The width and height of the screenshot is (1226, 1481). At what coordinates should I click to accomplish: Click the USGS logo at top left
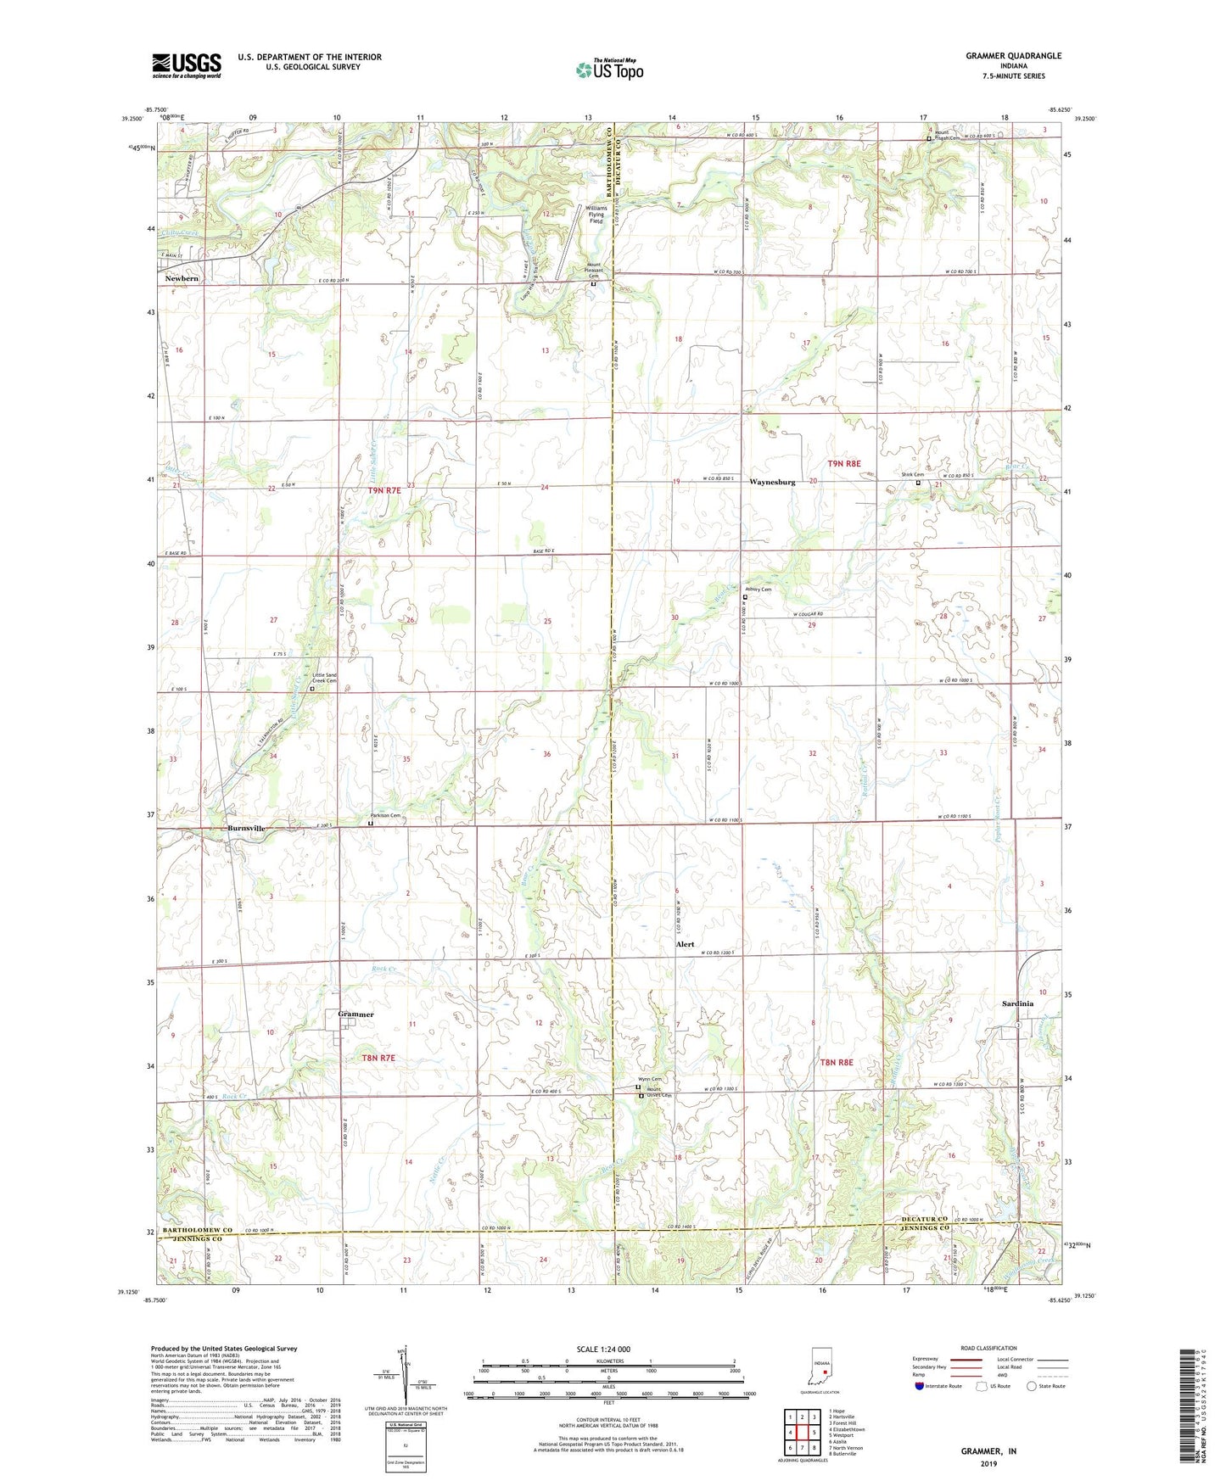click(187, 65)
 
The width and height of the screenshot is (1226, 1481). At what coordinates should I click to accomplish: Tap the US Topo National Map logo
click(609, 70)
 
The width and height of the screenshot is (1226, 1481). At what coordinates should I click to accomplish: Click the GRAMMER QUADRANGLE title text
click(1013, 56)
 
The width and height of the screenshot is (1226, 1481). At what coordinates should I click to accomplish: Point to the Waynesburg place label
click(772, 482)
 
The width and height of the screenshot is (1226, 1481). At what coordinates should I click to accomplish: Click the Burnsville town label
click(246, 828)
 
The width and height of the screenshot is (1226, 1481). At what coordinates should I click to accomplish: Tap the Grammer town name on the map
click(355, 1014)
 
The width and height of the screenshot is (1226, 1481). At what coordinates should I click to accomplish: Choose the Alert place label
click(685, 944)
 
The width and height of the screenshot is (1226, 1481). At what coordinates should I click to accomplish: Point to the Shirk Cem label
click(912, 475)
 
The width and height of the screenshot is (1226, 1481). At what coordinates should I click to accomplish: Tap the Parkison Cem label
click(384, 816)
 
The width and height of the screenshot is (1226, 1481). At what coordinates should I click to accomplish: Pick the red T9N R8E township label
click(844, 463)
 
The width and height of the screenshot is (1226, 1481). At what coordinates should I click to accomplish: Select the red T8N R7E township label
click(378, 1058)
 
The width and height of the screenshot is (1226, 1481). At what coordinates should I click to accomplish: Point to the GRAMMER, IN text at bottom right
click(988, 1451)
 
